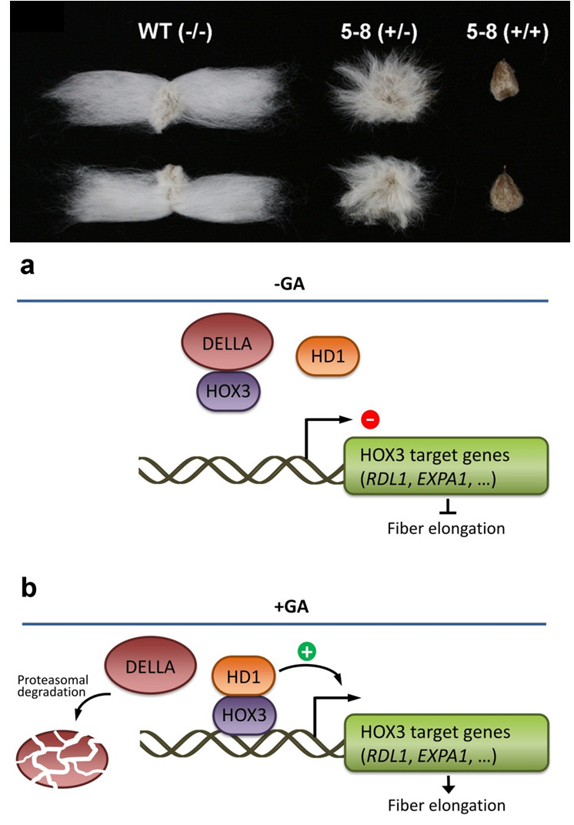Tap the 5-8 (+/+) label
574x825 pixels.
tap(507, 34)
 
